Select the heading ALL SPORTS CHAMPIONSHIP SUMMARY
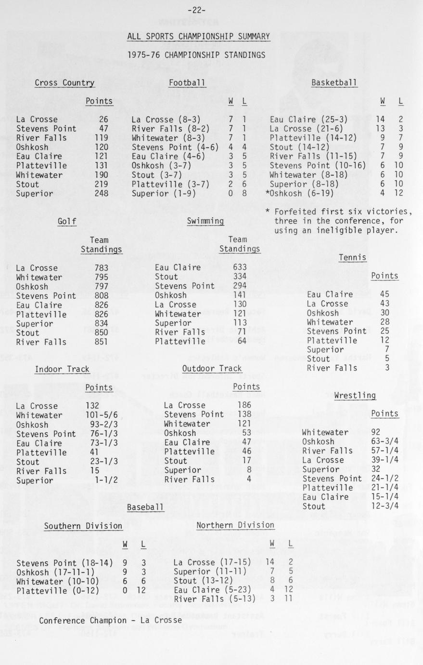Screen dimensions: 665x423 [198, 37]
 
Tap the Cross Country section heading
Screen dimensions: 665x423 [64, 83]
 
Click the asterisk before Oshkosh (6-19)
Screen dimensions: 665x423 [267, 193]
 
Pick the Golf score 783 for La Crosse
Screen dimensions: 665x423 [102, 268]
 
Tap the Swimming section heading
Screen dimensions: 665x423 [205, 221]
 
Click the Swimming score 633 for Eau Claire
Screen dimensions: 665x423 [240, 267]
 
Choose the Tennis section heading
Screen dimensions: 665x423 [352, 258]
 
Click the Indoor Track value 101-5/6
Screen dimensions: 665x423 [102, 415]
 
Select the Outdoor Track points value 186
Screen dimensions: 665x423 [244, 406]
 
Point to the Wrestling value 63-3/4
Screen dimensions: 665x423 [385, 441]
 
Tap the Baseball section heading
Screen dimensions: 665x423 [145, 507]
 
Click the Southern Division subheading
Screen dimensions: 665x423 [83, 526]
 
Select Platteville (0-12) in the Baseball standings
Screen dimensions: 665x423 [57, 591]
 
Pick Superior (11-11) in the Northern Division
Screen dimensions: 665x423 [210, 572]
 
